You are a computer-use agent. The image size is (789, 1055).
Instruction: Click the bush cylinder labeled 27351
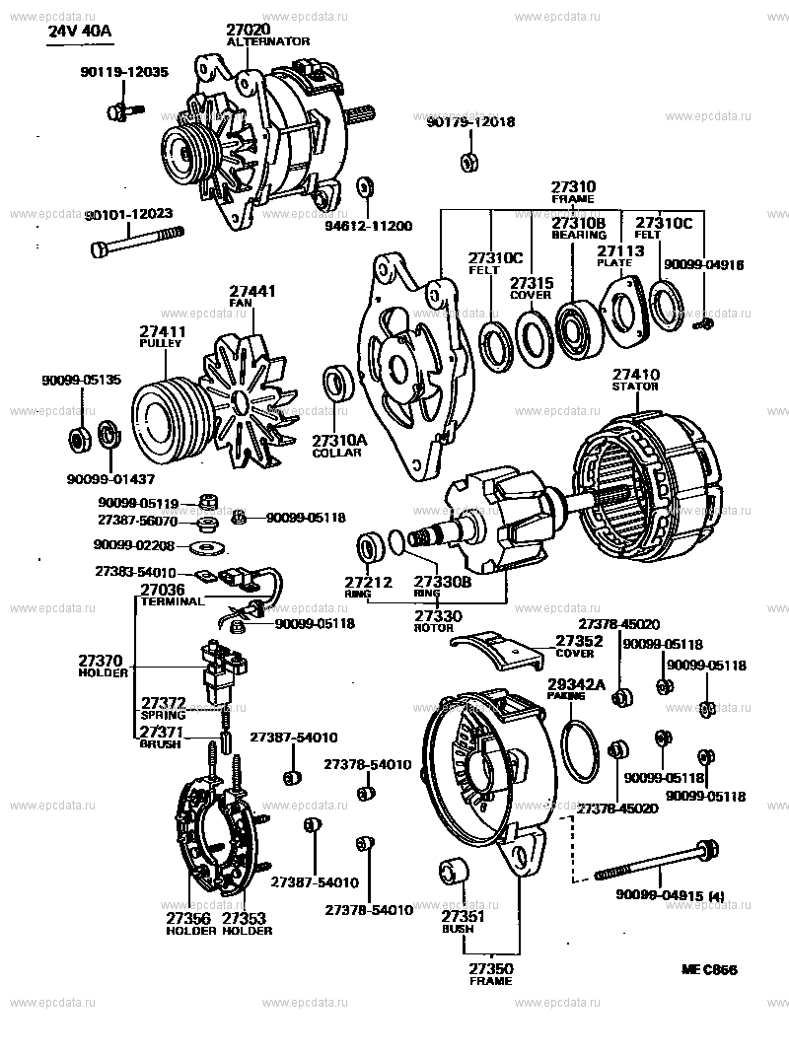pos(454,874)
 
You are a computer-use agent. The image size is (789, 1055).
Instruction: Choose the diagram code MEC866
pos(708,970)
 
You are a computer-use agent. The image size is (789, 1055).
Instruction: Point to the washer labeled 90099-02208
pos(207,544)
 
